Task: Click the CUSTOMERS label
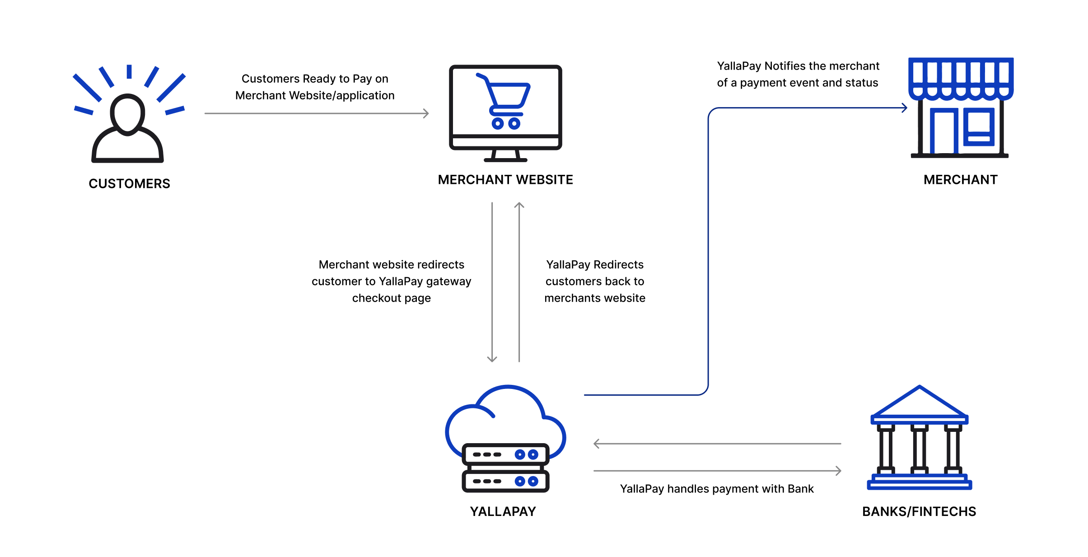(x=129, y=183)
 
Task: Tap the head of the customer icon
(x=128, y=114)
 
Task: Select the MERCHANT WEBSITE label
(x=505, y=180)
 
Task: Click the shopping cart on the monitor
(x=505, y=102)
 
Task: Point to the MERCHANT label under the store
(x=960, y=180)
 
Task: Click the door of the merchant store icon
(x=943, y=131)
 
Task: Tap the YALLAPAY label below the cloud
(x=503, y=511)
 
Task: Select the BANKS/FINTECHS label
(x=919, y=511)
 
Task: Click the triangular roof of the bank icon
(x=919, y=402)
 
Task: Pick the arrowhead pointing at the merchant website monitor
(x=426, y=113)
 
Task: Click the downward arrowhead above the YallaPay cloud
(x=492, y=359)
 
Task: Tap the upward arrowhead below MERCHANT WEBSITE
(x=519, y=206)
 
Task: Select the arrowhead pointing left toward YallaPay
(x=597, y=444)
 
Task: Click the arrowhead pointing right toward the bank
(x=838, y=471)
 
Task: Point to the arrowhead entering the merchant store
(x=904, y=108)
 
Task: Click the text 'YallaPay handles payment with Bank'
(x=716, y=489)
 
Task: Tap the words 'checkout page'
(x=391, y=298)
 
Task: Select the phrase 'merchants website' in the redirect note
(x=594, y=298)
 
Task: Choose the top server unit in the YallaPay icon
(x=505, y=454)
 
